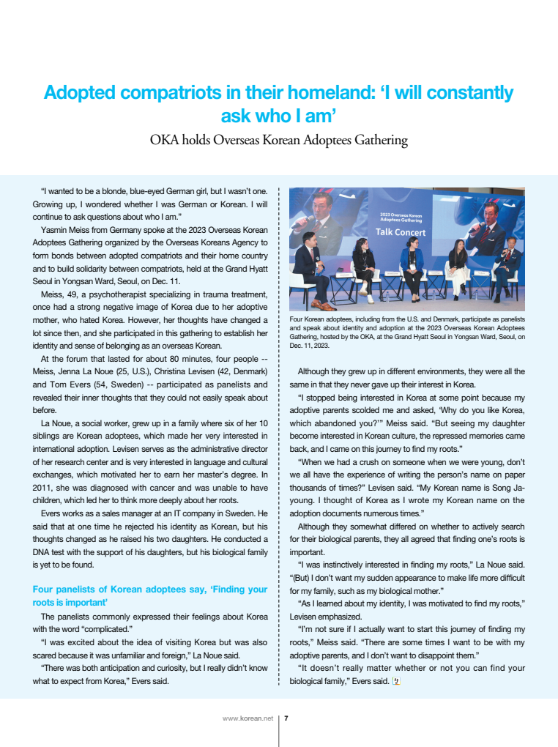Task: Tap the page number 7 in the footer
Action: pyautogui.click(x=286, y=718)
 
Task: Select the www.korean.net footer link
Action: pyautogui.click(x=248, y=718)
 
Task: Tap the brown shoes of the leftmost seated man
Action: pyautogui.click(x=319, y=304)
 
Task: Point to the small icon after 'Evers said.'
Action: pyautogui.click(x=396, y=681)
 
